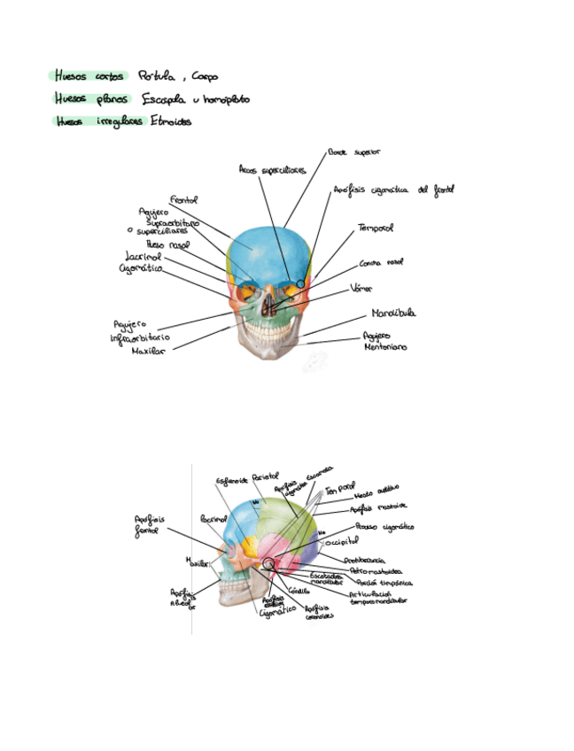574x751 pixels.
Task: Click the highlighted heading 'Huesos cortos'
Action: (x=89, y=76)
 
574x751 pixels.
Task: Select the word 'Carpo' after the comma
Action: (x=204, y=77)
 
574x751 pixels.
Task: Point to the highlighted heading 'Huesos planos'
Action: (x=90, y=99)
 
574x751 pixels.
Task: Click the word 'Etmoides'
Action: (x=171, y=122)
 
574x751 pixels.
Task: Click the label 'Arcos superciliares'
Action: (x=272, y=168)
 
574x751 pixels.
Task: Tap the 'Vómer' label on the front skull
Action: (x=361, y=288)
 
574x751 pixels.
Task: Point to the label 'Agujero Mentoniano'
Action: (x=384, y=342)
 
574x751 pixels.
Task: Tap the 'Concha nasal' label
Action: (x=382, y=263)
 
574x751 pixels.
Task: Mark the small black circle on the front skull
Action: (x=301, y=283)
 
